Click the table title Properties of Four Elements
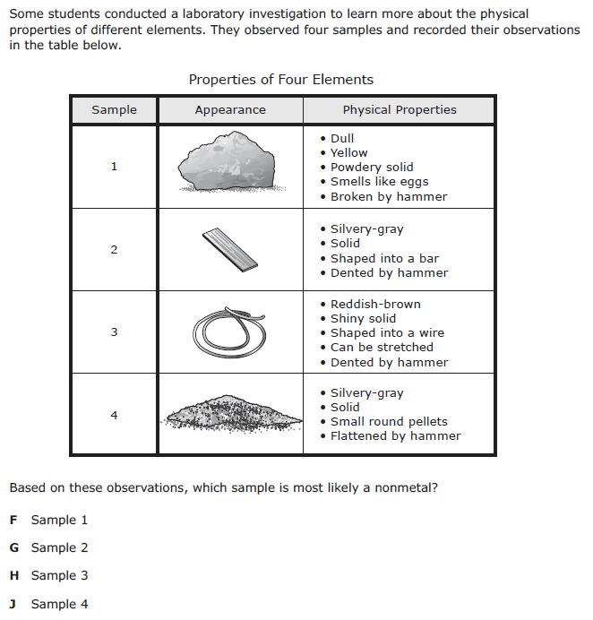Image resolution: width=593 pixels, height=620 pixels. [280, 80]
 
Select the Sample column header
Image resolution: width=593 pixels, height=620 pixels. [114, 109]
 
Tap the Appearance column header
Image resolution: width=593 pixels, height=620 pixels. [230, 109]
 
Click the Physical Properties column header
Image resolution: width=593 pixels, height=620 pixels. [399, 109]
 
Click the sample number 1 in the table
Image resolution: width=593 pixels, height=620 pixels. [114, 167]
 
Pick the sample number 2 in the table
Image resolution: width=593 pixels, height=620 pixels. [114, 250]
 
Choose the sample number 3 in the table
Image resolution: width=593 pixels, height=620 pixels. [114, 332]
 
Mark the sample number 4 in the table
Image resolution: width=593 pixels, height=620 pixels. [114, 415]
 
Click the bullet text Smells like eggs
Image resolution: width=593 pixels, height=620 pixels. [379, 182]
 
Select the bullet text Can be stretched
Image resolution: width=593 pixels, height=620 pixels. [382, 347]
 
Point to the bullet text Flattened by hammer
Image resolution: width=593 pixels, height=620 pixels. [395, 435]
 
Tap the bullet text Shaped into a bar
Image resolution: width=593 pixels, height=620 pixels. [384, 258]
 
